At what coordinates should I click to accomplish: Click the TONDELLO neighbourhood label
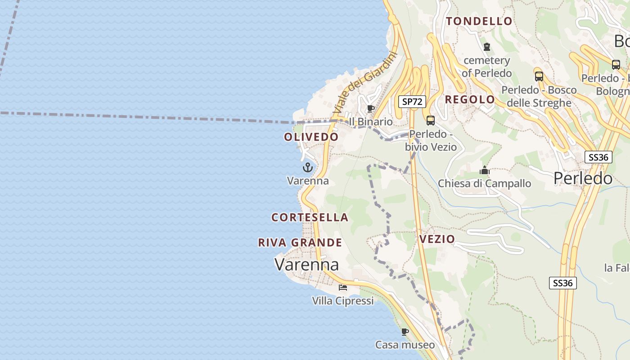tap(479, 21)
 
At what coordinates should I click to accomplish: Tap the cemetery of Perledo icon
tap(486, 47)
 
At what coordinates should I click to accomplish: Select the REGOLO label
tap(470, 99)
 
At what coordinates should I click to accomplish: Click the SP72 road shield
tap(412, 102)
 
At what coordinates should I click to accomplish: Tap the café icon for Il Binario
tap(371, 109)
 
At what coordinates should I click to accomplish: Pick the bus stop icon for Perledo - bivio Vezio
tap(431, 120)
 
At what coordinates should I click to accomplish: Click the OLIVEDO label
tap(311, 137)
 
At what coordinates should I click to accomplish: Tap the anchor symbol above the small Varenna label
tap(308, 168)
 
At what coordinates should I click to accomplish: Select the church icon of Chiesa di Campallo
tap(485, 171)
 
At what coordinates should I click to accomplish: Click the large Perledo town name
tap(583, 179)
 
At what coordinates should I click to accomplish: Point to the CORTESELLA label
tap(310, 217)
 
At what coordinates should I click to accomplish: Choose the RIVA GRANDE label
tap(300, 243)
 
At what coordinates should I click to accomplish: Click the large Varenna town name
tap(306, 264)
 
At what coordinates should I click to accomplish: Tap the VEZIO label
tap(437, 239)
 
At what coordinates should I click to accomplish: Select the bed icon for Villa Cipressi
tap(343, 287)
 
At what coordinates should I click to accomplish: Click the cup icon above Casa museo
tap(405, 332)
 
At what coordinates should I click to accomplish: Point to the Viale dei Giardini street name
tap(366, 83)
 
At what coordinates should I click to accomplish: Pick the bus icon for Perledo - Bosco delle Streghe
tap(539, 76)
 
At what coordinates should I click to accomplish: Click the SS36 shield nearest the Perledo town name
tap(598, 157)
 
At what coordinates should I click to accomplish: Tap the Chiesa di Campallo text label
tap(484, 184)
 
